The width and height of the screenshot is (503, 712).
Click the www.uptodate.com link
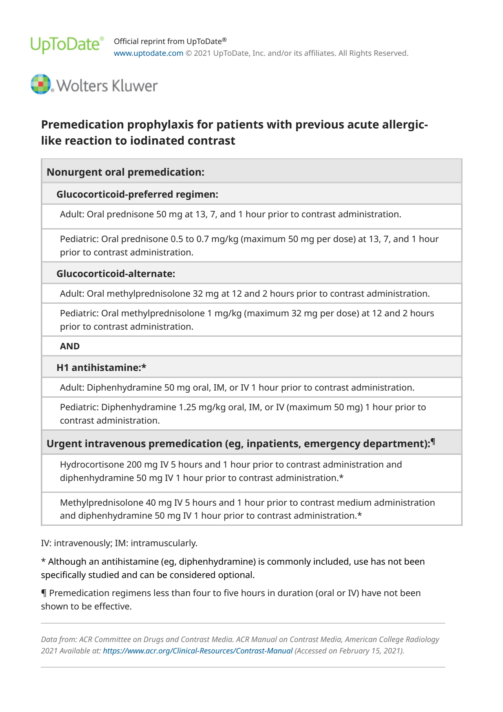pyautogui.click(x=148, y=53)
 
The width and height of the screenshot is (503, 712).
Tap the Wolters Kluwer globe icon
pyautogui.click(x=41, y=84)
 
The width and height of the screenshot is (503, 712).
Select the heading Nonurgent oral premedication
pyautogui.click(x=125, y=172)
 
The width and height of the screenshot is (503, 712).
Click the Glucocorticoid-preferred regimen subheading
pyautogui.click(x=137, y=195)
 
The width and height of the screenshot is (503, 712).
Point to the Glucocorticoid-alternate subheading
pyautogui.click(x=115, y=274)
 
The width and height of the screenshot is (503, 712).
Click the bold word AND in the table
pyautogui.click(x=70, y=346)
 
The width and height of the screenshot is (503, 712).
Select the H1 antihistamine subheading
pyautogui.click(x=101, y=368)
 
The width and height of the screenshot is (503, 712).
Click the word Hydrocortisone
pyautogui.click(x=92, y=464)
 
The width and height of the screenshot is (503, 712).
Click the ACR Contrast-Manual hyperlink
pyautogui.click(x=198, y=651)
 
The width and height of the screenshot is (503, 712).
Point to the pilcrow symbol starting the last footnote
pyautogui.click(x=44, y=593)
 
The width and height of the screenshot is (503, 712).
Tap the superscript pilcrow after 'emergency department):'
pyautogui.click(x=433, y=442)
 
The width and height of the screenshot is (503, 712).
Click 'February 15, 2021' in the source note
pyautogui.click(x=365, y=651)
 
